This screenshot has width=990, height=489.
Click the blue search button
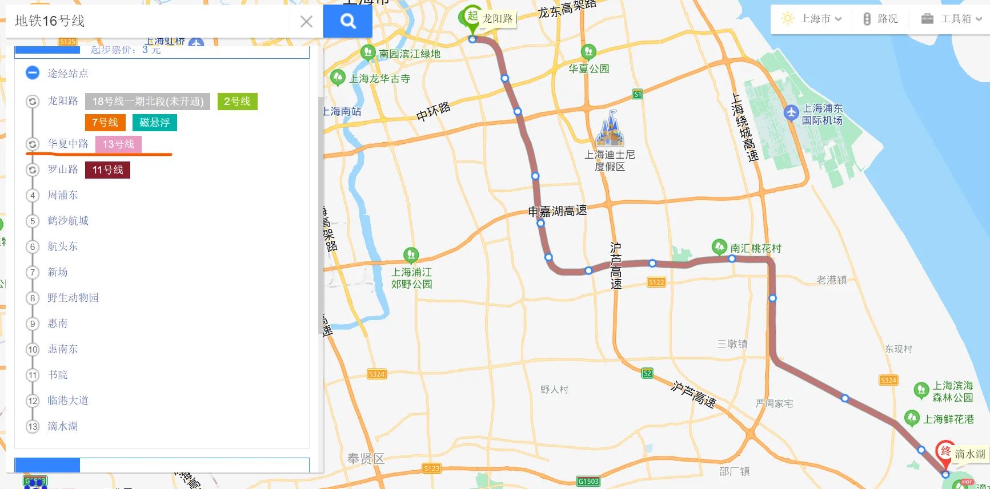pos(348,21)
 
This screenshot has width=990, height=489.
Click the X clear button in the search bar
pos(306,22)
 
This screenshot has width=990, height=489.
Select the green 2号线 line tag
pos(237,102)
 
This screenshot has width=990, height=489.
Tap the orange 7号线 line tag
pos(105,123)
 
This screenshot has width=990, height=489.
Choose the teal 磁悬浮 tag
pos(155,123)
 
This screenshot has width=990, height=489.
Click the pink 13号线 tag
pos(118,144)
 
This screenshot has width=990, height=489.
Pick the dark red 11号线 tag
pos(107,170)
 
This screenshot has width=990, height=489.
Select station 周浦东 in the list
pos(63,195)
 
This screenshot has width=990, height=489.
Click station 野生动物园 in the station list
pos(73,298)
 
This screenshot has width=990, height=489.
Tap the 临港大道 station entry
pos(68,401)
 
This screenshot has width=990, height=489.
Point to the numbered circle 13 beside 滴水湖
pos(33,426)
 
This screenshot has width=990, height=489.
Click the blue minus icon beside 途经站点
pos(33,73)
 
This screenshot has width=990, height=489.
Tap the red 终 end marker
pos(945,452)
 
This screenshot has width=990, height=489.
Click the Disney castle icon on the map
pos(610,129)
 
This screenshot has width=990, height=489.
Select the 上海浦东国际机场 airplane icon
pos(791,112)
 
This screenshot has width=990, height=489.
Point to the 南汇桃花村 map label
pos(755,248)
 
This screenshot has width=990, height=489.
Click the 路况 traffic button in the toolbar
pos(880,19)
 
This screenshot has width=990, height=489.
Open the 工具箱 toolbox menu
pos(951,19)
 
